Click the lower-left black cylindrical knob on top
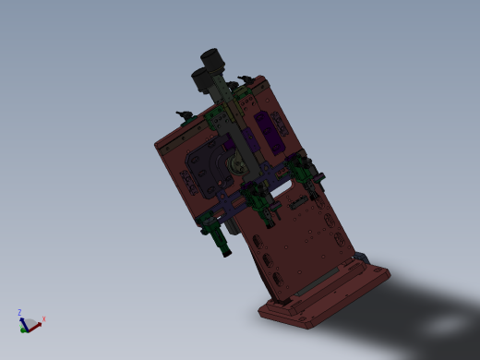point(200,78)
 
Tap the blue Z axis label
point(19,312)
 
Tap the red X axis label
point(44,318)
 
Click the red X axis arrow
point(37,321)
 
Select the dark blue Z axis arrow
point(21,319)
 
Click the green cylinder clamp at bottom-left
point(222,243)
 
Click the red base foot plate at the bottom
point(323,297)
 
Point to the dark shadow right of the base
point(434,314)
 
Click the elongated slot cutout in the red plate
point(301,194)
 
